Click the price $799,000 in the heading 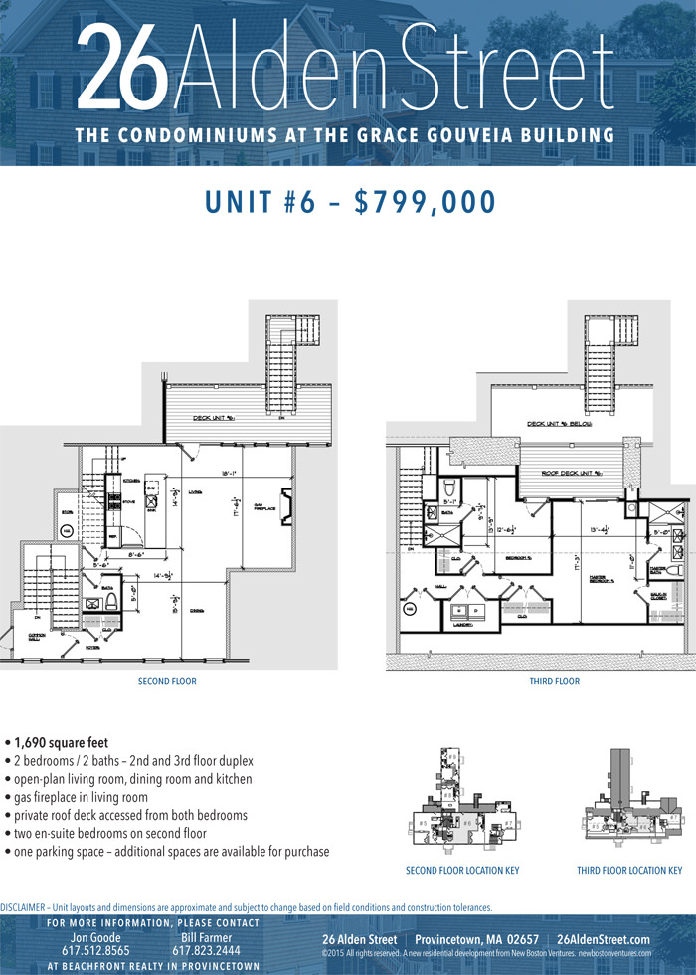point(425,201)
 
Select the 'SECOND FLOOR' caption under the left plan point(167,682)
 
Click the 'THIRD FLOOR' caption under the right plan point(554,682)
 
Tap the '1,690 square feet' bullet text point(62,742)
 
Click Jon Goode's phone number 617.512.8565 point(96,951)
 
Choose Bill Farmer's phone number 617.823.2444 point(207,951)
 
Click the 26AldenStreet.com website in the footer point(604,939)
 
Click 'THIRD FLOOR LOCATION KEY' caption point(629,871)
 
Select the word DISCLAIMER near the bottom point(23,908)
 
